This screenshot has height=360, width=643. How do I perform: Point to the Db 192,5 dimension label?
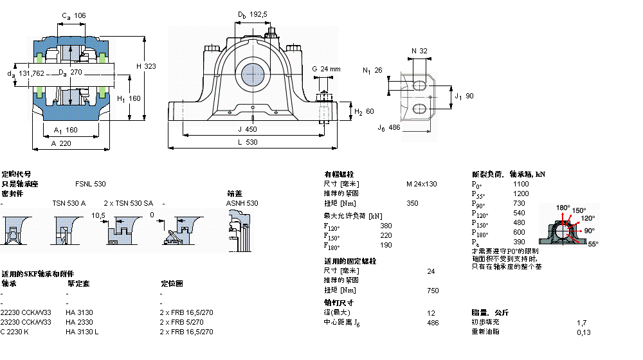(252, 14)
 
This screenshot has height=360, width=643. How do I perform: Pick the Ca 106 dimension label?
(73, 15)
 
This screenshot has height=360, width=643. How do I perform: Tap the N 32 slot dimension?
(419, 51)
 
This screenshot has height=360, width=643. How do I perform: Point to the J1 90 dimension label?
(464, 96)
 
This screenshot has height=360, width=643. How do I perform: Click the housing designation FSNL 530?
(91, 184)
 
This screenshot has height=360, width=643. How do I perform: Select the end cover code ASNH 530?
(242, 203)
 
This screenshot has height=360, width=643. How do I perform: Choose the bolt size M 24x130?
(421, 184)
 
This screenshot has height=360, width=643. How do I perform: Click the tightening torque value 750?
(433, 291)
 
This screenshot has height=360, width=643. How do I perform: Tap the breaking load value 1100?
(521, 184)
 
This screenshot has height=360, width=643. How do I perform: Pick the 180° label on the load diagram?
(563, 208)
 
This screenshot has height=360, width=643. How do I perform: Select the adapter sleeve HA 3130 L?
(82, 332)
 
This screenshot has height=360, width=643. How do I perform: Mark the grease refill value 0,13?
(583, 332)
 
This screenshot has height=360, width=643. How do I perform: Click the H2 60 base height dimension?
(365, 112)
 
